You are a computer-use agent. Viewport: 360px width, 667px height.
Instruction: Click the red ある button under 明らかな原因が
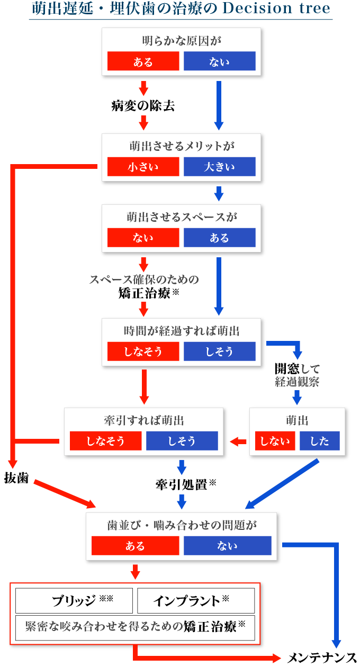pos(143,61)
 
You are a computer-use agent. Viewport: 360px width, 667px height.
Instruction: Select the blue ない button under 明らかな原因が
pos(220,61)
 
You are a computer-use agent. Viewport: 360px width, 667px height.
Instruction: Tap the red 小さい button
pos(143,167)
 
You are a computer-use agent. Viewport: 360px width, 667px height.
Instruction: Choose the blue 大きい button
pos(220,167)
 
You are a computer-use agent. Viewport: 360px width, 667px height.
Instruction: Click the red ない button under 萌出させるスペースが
pos(143,238)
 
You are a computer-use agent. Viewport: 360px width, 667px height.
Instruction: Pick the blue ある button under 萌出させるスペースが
pos(220,238)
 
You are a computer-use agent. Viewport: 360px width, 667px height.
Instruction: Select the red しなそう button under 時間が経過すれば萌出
pos(143,351)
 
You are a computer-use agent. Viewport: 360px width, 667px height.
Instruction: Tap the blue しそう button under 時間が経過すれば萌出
pos(220,351)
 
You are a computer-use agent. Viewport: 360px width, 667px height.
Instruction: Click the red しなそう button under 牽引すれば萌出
pos(106,441)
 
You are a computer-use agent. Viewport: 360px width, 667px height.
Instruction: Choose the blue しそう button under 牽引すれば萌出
pos(182,441)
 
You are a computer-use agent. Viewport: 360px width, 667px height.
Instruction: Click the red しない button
pos(275,441)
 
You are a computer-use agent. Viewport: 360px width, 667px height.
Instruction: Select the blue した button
pos(320,441)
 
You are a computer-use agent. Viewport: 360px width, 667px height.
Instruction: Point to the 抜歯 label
pos(16,478)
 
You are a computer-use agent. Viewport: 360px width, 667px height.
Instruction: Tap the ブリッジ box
pos(74,601)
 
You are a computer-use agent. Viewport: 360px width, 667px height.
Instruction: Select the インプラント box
pos(196,601)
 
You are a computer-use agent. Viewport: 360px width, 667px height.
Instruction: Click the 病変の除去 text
pos(143,106)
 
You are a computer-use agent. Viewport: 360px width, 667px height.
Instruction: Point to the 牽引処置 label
pos(182,484)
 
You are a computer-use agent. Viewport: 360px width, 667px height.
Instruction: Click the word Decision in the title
pos(258,8)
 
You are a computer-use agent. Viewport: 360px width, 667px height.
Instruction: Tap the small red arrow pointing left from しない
pos(238,441)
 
